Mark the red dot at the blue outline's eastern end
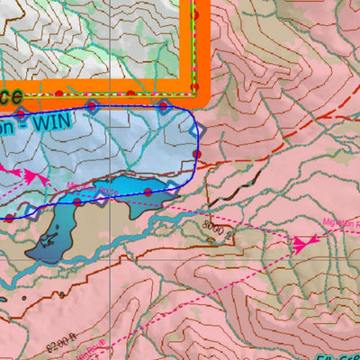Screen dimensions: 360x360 (197, 155)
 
